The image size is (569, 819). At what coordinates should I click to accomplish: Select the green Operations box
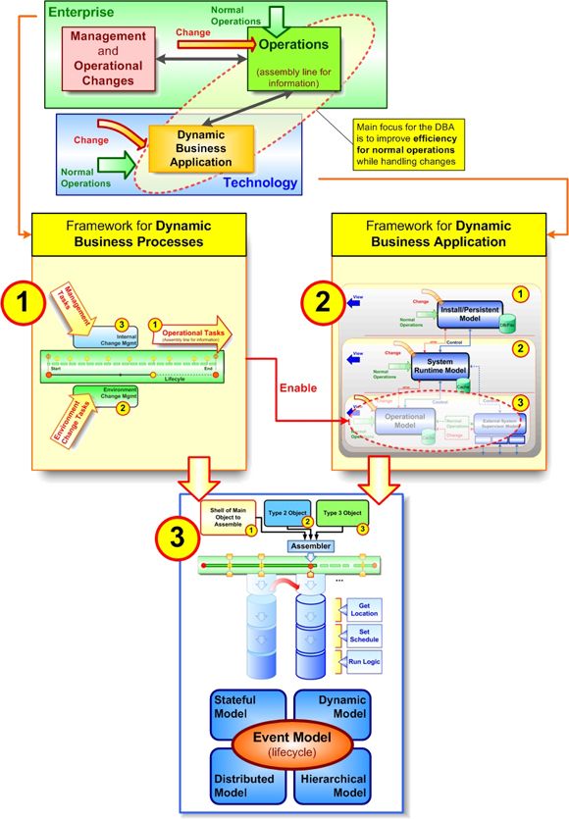pos(292,61)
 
